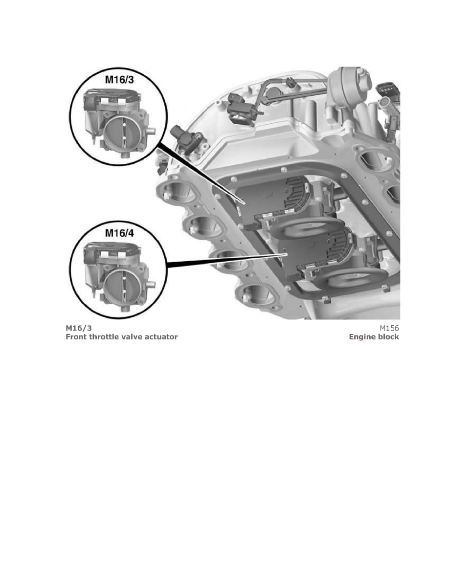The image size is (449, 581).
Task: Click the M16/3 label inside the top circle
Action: (x=119, y=80)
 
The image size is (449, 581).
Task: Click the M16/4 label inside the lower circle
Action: (x=119, y=233)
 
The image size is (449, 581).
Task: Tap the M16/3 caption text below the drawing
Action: (x=79, y=328)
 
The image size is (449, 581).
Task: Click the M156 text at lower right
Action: (x=389, y=328)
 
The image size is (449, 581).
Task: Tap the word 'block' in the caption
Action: (x=388, y=337)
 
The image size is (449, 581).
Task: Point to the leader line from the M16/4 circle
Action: (x=227, y=260)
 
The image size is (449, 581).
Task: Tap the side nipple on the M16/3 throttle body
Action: (x=151, y=131)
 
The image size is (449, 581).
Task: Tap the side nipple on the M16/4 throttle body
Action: (x=151, y=284)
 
